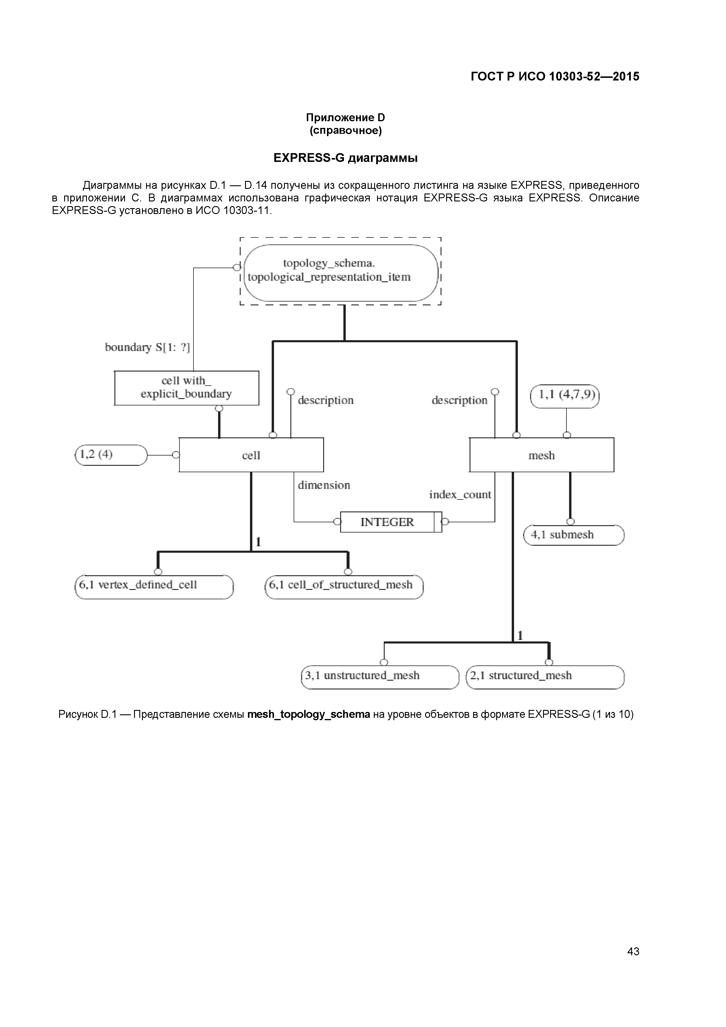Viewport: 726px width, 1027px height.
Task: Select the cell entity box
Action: pos(251,455)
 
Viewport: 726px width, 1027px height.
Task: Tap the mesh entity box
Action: pos(541,455)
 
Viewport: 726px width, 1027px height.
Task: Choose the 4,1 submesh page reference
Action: pos(573,535)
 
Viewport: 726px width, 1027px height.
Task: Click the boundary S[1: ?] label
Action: pos(147,348)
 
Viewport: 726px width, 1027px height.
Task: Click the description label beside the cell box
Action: pos(326,400)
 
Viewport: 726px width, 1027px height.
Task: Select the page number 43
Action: pos(633,964)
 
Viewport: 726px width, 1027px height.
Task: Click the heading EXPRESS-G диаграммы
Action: pos(345,158)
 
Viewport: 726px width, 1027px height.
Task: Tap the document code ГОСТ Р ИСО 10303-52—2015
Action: pos(555,76)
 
